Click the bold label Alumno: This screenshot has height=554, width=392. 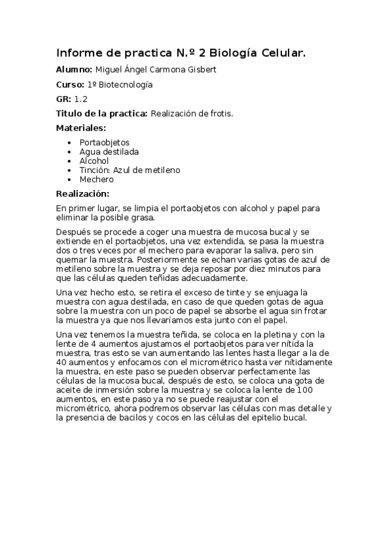click(x=73, y=69)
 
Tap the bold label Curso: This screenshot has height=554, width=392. click(x=69, y=84)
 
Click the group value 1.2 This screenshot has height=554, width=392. click(x=80, y=99)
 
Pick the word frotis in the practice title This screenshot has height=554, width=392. click(x=220, y=114)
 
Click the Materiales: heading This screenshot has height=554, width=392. click(x=80, y=128)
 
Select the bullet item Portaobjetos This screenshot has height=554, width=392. click(x=104, y=142)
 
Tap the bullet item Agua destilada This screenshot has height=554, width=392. click(x=109, y=151)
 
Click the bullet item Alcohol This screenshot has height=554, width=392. click(x=94, y=161)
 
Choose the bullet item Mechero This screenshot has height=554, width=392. click(x=96, y=179)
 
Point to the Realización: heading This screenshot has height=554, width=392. click(x=82, y=193)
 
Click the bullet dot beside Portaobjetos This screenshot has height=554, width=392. click(x=69, y=142)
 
